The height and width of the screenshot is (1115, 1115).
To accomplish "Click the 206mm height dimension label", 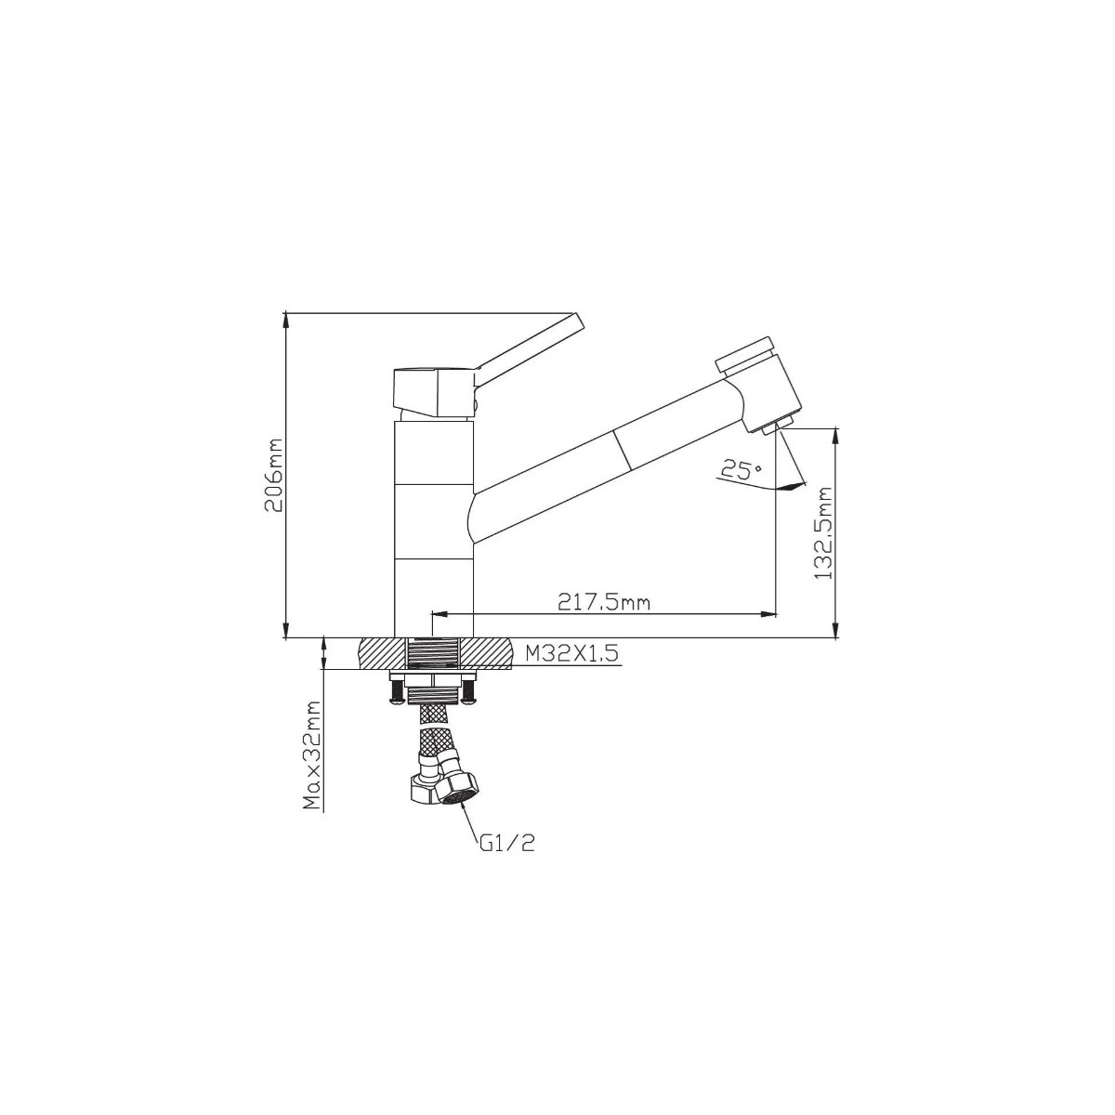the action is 273,475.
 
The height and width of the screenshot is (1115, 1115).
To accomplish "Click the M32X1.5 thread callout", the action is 572,654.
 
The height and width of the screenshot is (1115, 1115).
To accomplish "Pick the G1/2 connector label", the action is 506,844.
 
